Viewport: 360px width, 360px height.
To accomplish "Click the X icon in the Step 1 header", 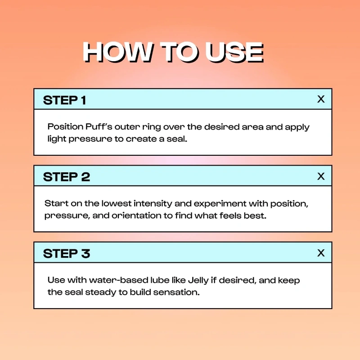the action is click(321, 99).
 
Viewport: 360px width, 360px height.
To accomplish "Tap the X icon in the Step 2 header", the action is click(321, 176).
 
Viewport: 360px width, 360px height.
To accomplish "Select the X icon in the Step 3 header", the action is click(321, 253).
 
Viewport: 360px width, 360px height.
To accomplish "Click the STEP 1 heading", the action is click(64, 100).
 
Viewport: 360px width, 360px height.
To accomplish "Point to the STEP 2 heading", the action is click(67, 177).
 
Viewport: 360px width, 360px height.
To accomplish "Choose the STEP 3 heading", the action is click(67, 254).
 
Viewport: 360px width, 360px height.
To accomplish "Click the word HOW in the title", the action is click(117, 52).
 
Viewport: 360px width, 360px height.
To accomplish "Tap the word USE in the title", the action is click(234, 52).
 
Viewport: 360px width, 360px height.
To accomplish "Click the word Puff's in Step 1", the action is click(99, 127).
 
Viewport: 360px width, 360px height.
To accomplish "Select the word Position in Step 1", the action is click(65, 127).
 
